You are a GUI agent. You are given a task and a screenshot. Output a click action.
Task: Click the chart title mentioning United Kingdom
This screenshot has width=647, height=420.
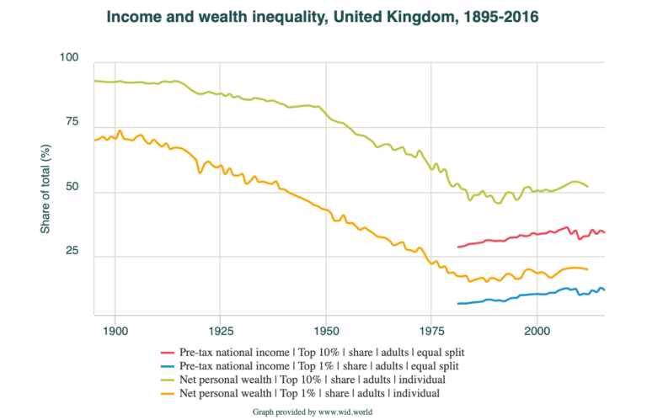point(323,16)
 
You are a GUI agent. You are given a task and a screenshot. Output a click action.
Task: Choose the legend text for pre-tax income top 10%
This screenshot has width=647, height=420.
point(325,352)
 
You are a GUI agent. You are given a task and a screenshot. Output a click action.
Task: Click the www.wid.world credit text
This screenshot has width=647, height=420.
point(323,412)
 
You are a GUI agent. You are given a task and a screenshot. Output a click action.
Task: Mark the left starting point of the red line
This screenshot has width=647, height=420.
point(457,247)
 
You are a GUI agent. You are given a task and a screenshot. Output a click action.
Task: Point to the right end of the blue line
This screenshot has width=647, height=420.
point(604,290)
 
